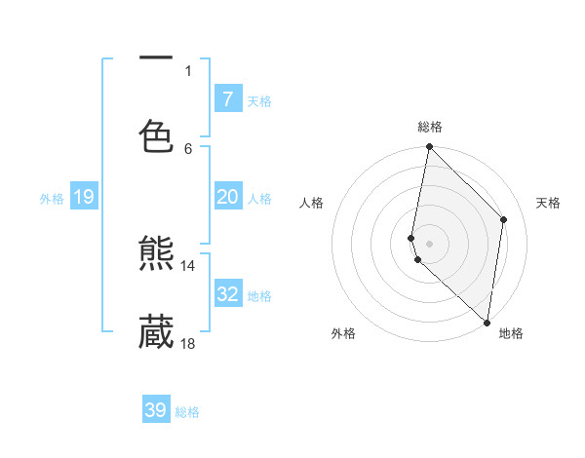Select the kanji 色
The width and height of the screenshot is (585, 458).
click(156, 136)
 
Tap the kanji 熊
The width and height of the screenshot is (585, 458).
click(156, 254)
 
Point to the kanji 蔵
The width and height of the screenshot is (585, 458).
click(156, 331)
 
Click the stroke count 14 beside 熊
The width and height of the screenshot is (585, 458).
click(188, 265)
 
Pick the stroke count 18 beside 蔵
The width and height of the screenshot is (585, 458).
click(188, 343)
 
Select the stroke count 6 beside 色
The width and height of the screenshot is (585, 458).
click(188, 148)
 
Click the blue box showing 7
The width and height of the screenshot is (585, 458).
click(227, 98)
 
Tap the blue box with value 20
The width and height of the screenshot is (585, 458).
click(227, 197)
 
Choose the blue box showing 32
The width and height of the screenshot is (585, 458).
click(227, 294)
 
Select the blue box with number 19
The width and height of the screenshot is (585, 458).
click(83, 197)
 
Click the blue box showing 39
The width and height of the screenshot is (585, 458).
click(156, 410)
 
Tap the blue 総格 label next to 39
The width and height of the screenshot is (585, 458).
click(188, 412)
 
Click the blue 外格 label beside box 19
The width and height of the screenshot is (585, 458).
click(52, 199)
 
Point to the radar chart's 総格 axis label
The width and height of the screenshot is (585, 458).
click(430, 127)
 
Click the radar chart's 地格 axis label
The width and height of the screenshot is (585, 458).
click(511, 333)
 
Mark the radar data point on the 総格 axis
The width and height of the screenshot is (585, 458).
click(429, 147)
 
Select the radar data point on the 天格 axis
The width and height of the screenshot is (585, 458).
click(504, 219)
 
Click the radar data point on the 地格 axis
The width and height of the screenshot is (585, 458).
click(487, 323)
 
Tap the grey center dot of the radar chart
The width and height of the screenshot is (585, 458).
click(429, 243)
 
